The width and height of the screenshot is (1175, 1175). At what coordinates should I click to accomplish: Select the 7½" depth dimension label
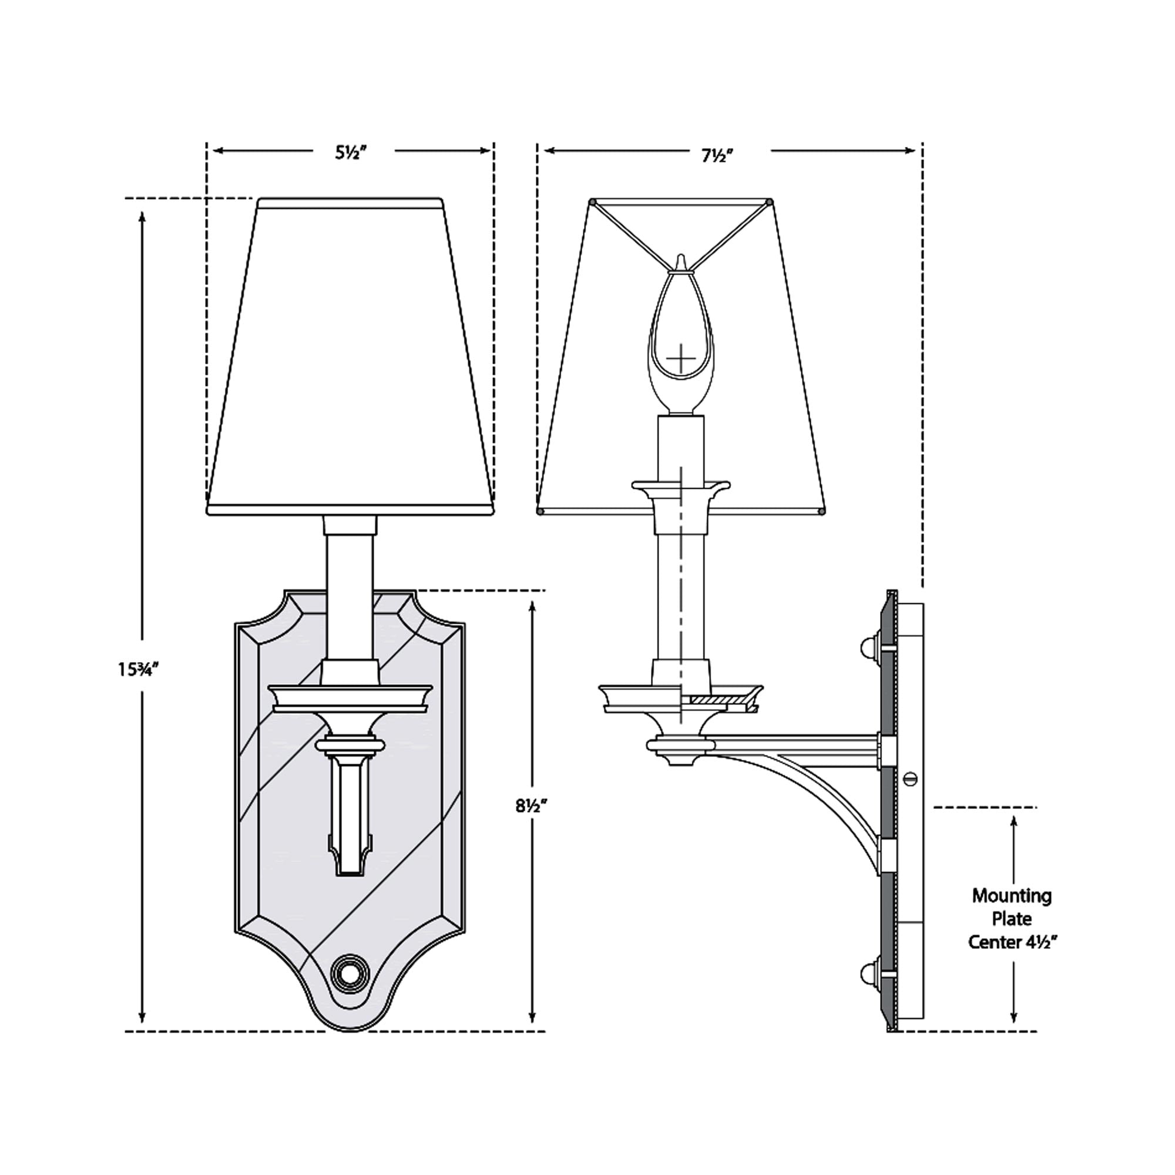pos(718,156)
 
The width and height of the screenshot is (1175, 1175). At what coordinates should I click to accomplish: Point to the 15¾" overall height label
pos(139,670)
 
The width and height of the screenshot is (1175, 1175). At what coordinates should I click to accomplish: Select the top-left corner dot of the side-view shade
pos(593,202)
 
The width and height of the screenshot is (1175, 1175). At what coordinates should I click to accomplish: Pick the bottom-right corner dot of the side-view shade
pos(824,513)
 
